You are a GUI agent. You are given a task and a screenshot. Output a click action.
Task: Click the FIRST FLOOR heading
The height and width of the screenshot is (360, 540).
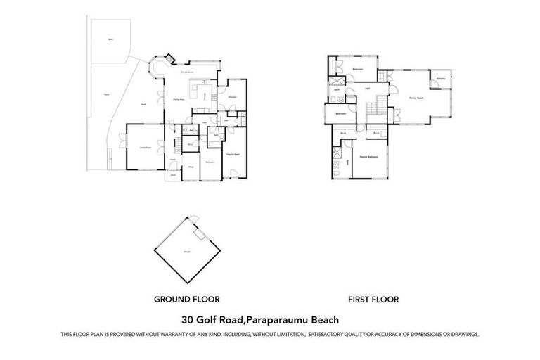[x=374, y=299]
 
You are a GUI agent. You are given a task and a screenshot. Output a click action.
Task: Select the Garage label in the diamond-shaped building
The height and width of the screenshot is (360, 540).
[x=187, y=251]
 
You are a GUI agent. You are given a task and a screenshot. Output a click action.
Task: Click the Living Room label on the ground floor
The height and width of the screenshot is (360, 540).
[x=146, y=148]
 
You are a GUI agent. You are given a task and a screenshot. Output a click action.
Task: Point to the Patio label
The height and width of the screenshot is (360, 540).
[x=107, y=93]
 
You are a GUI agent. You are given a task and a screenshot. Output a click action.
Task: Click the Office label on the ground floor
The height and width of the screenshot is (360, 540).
[x=190, y=167]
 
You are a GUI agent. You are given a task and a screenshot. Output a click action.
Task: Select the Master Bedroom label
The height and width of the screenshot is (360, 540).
[x=368, y=156]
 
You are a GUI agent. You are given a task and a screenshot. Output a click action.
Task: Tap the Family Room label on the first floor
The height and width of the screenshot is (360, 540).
[x=416, y=98]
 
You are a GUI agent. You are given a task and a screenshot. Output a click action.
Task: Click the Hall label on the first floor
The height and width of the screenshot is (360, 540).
[x=367, y=89]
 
